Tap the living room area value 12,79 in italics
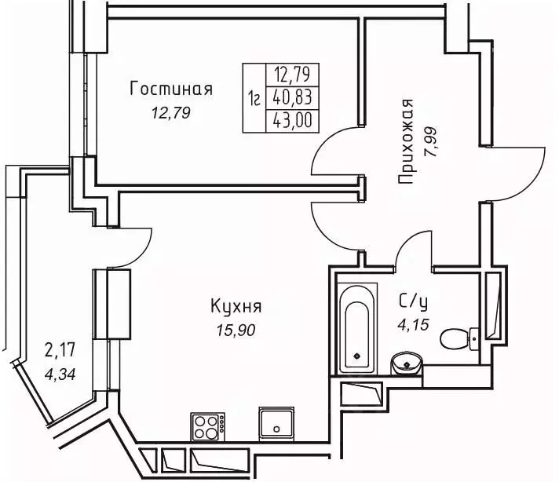coord(171,113)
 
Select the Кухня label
coord(236,306)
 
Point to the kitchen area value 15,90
coord(236,330)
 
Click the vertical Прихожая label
coord(405,142)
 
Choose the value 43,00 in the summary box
coord(290,122)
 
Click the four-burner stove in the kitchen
coord(207,427)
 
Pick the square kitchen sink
coord(276,424)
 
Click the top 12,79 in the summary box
coord(290,75)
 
